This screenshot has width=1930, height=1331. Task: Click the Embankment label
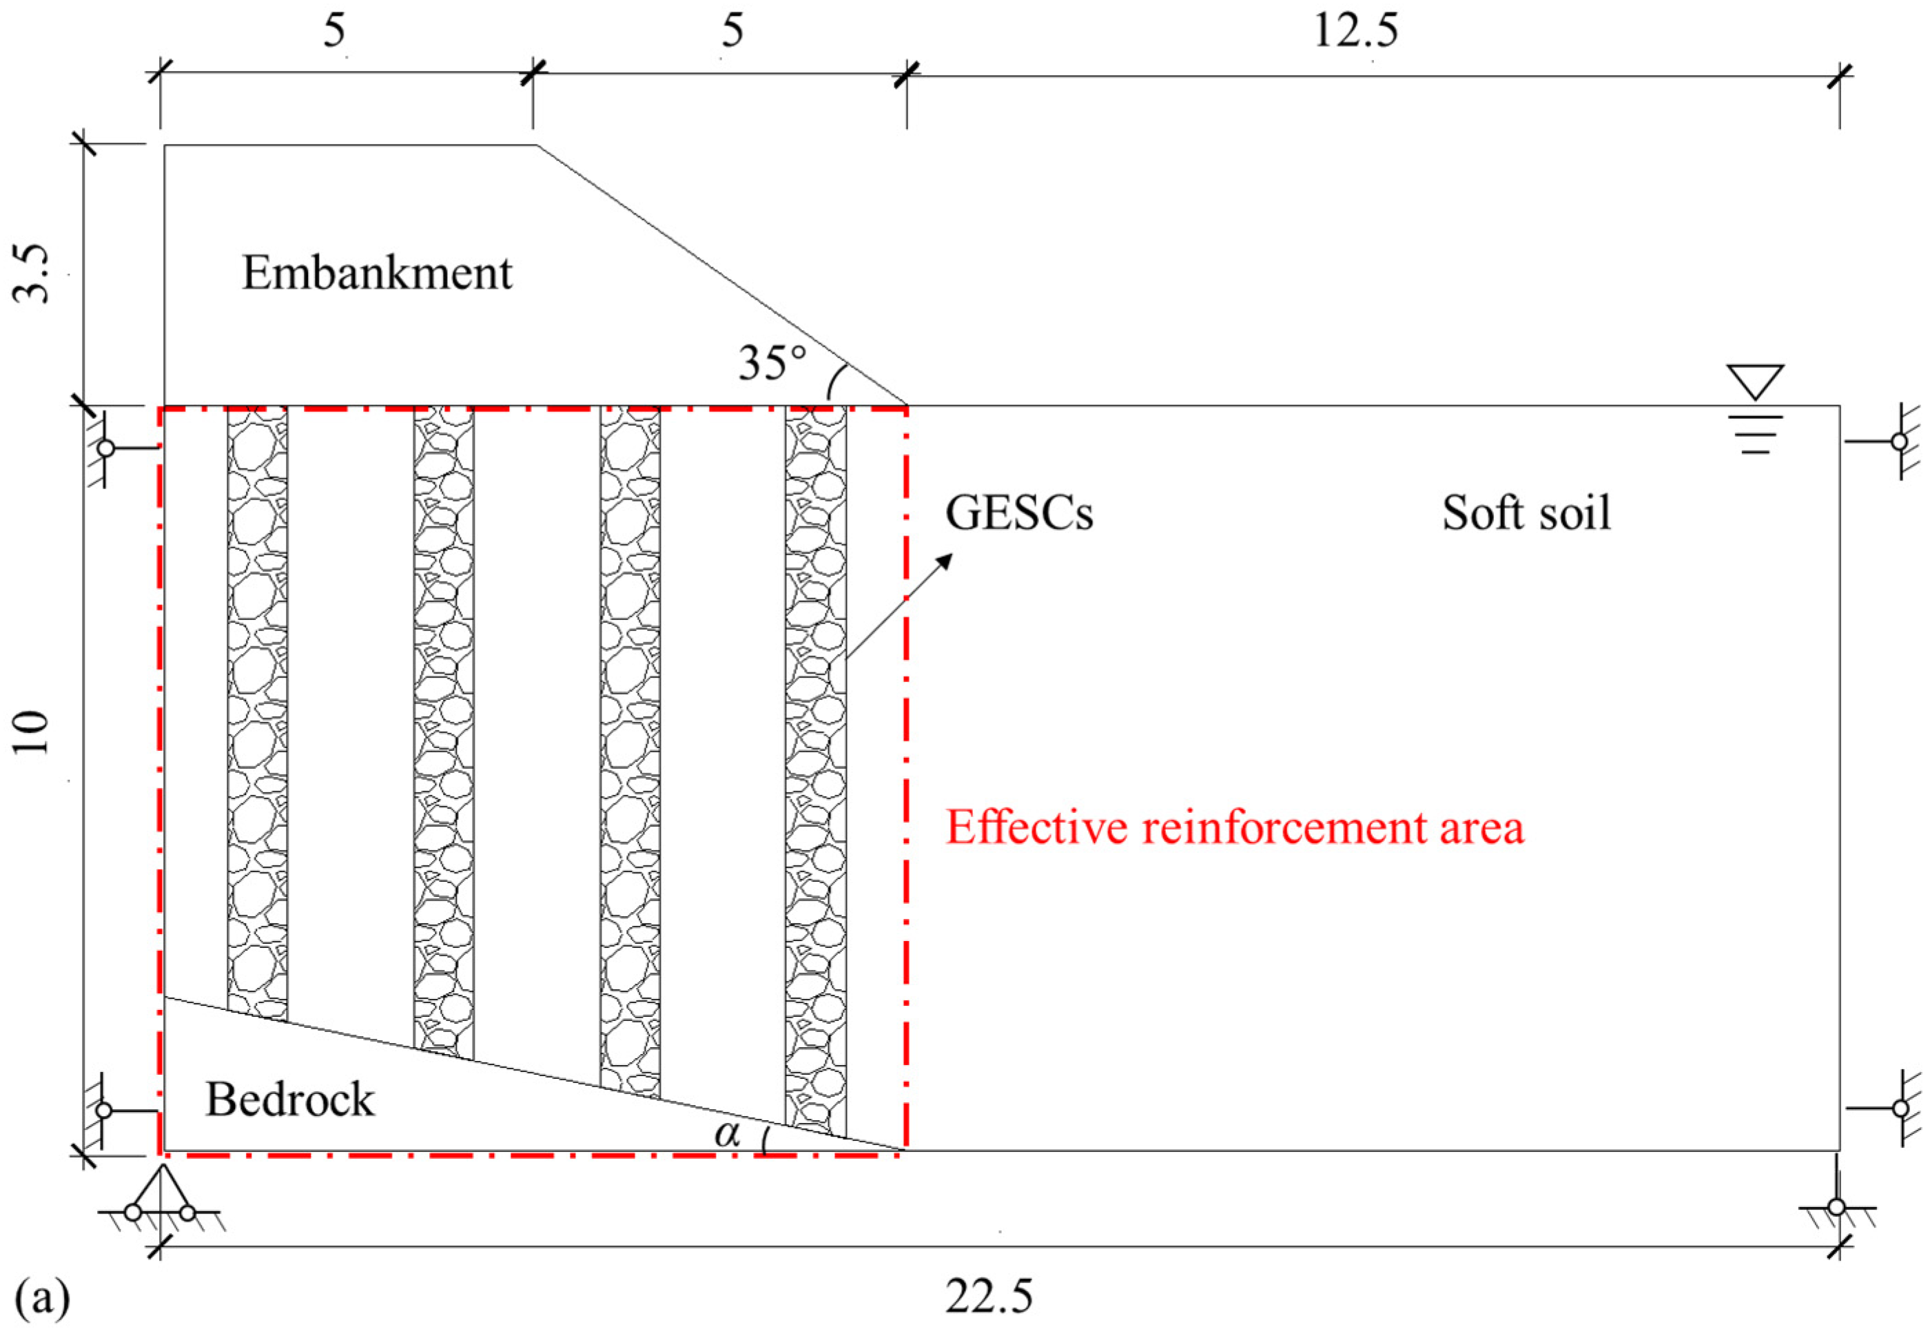pos(377,274)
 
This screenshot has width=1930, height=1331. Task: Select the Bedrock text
pos(290,1099)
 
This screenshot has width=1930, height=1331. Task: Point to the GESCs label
pos(1018,513)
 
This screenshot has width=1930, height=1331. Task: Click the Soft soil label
pos(1526,513)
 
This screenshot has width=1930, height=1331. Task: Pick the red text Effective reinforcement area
pos(1234,828)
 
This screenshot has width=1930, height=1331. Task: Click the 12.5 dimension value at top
pos(1355,32)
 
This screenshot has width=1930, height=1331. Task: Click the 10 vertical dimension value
pos(33,732)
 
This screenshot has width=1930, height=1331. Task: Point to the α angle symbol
pos(728,1134)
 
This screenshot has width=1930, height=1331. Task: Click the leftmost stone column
pos(258,709)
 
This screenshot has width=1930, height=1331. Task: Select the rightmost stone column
pos(816,767)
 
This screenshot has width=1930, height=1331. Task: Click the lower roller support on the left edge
pos(104,1111)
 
